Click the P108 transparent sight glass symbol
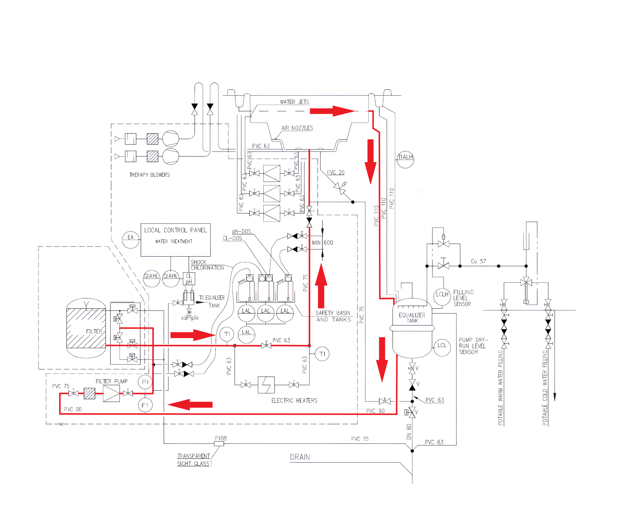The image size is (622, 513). (x=219, y=443)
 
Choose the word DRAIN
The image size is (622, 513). (x=300, y=457)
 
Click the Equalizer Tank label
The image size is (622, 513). (x=412, y=318)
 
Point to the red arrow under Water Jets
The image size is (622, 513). (x=332, y=111)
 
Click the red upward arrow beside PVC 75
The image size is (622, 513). (x=321, y=286)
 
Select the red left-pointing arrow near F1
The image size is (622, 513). (x=190, y=405)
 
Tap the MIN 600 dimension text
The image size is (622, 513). (x=322, y=243)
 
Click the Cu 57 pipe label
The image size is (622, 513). (x=478, y=261)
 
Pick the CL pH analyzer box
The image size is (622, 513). (x=189, y=279)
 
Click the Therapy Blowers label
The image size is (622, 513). (x=149, y=175)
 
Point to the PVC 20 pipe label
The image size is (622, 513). (x=336, y=172)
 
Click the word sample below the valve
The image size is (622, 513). (x=190, y=318)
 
